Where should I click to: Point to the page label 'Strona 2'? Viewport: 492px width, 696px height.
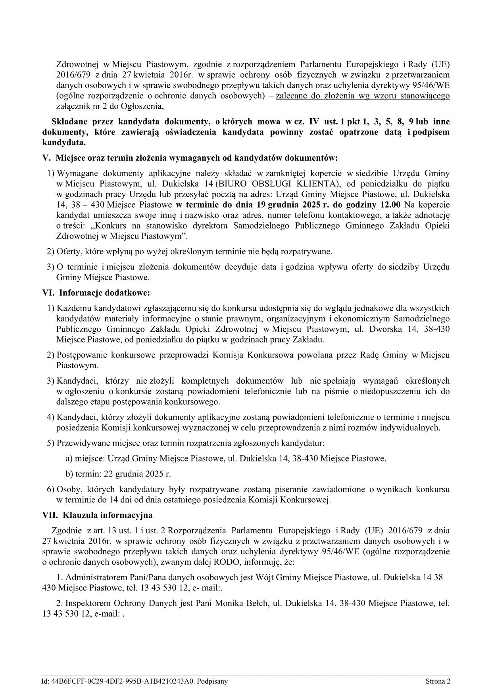(438, 682)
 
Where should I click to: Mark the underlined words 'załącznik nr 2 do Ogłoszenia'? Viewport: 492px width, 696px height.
(110, 106)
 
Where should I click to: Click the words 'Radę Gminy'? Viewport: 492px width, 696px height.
(380, 355)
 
